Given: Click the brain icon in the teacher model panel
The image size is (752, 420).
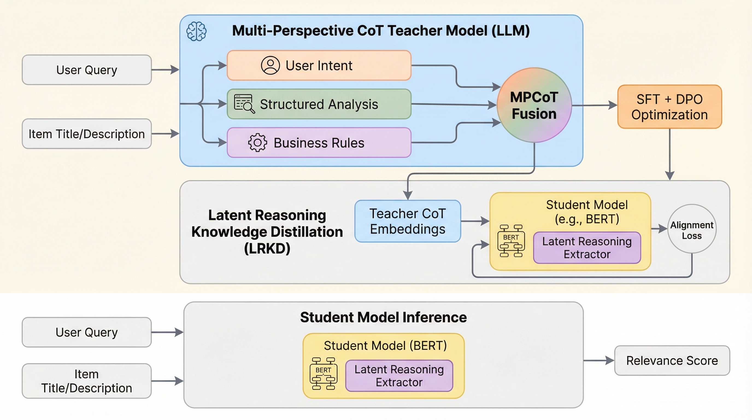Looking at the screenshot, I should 196,31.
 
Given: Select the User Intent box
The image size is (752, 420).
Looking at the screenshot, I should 319,65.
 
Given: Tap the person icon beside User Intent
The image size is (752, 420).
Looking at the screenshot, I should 270,65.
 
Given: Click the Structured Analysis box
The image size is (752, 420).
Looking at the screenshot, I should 319,104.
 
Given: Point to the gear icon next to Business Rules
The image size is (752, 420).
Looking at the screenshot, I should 257,142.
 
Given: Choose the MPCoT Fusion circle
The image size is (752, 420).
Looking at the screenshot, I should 534,105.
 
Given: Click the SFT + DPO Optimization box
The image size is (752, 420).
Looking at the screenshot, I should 669,107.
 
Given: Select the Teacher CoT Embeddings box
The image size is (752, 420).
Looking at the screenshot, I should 407,221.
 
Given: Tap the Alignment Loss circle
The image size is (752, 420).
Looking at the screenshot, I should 692,229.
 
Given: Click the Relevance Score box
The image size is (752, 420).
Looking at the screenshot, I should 672,360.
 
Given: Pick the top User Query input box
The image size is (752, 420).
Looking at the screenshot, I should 87,70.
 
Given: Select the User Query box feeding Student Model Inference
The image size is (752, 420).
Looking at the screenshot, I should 87,332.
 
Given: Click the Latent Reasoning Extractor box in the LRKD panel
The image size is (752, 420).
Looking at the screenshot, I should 587,248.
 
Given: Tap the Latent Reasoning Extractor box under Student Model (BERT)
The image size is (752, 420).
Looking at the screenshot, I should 399,376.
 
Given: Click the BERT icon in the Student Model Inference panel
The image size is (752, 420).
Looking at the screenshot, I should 323,374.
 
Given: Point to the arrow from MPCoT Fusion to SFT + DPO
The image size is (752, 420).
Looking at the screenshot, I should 594,105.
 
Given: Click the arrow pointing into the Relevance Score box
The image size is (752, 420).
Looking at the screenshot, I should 598,360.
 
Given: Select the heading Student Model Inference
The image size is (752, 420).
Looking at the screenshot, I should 383,317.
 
